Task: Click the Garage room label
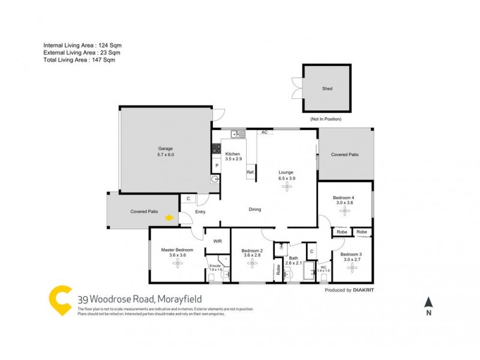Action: tap(166, 148)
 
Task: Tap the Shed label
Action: tap(327, 89)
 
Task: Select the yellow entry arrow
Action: tap(170, 218)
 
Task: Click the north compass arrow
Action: tap(428, 302)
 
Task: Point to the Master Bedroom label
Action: tap(177, 250)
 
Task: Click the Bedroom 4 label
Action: tap(345, 197)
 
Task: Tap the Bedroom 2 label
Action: tap(253, 251)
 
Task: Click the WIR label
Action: tap(217, 241)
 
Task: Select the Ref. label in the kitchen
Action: tap(251, 173)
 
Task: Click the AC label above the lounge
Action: tap(264, 132)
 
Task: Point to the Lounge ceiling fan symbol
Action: tap(287, 185)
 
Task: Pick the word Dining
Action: tap(255, 209)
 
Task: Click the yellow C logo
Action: tap(61, 301)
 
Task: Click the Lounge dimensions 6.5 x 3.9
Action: tap(287, 178)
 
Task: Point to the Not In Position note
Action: tap(326, 119)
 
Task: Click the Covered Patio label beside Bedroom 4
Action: tap(345, 154)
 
